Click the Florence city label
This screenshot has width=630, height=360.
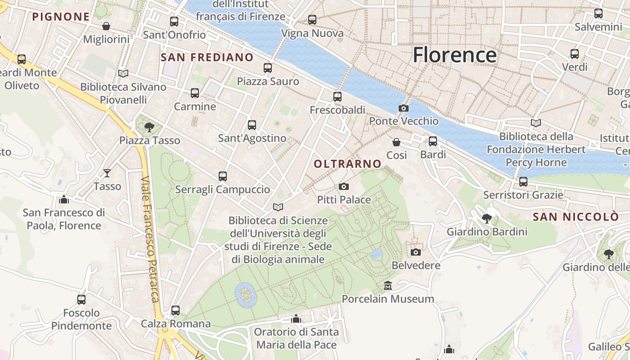click(454, 55)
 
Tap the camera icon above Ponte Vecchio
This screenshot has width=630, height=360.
click(404, 108)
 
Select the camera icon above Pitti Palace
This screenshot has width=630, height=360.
click(344, 186)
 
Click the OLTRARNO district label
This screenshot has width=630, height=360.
click(347, 164)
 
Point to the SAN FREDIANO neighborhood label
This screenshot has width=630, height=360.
click(207, 57)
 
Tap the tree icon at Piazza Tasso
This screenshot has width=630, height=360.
click(149, 127)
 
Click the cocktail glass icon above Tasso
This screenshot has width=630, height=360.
click(107, 173)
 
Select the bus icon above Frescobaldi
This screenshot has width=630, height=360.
click(337, 96)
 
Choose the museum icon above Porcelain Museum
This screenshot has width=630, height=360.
click(388, 286)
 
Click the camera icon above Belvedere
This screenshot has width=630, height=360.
click(416, 252)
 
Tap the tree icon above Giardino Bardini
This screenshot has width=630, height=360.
click(487, 219)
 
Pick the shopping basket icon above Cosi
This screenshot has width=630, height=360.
click(396, 142)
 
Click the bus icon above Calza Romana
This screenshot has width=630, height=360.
click(175, 310)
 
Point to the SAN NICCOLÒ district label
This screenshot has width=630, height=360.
click(576, 217)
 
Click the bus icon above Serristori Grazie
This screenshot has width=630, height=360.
click(523, 182)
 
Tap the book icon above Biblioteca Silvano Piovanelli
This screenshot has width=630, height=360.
click(123, 73)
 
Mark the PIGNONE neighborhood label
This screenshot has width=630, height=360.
click(61, 17)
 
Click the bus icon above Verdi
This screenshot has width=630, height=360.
click(575, 54)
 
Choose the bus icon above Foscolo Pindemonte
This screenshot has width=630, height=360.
click(81, 299)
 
